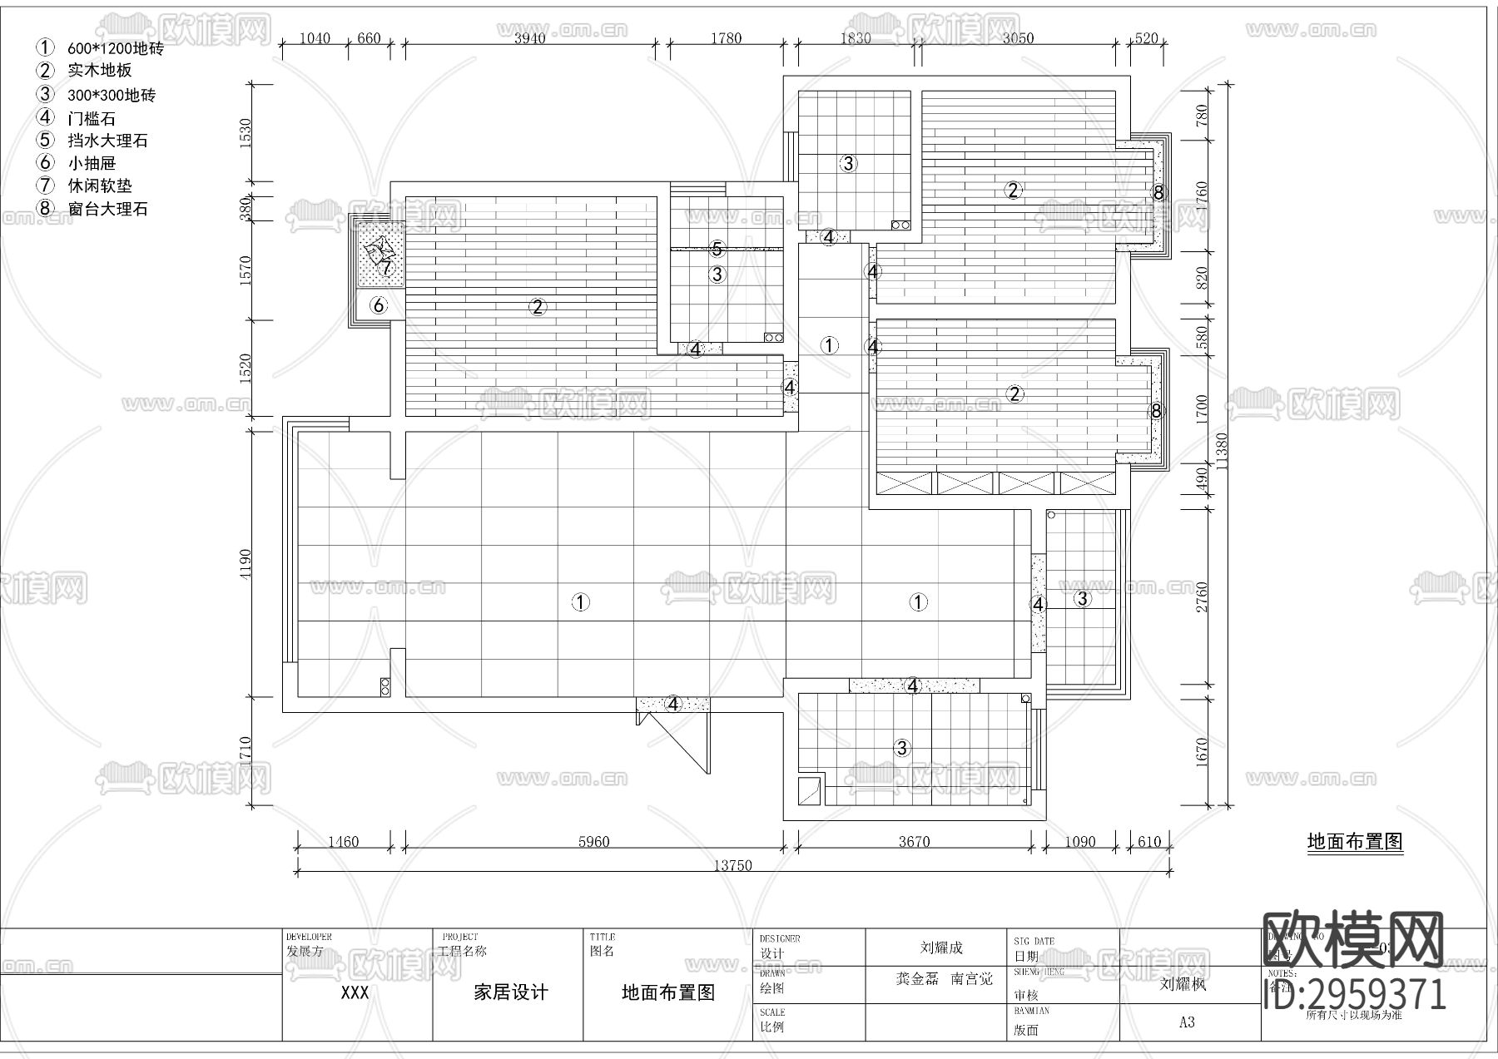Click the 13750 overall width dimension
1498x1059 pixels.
[x=732, y=865]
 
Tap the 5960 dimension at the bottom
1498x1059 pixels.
[x=593, y=841]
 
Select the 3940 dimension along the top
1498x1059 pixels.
[x=529, y=37]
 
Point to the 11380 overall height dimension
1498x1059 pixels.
[x=1221, y=450]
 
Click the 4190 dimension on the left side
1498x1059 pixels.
[x=243, y=563]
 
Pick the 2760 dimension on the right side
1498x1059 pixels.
[x=1202, y=596]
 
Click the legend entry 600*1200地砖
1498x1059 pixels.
[x=115, y=48]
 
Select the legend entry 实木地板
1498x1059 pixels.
[x=99, y=71]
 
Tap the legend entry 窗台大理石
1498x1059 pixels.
[x=107, y=209]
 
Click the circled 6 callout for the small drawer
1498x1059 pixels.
[x=379, y=305]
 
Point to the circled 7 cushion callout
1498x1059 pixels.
[x=385, y=268]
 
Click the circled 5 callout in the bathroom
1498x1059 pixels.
[x=717, y=249]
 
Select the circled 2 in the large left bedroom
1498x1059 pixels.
[x=538, y=307]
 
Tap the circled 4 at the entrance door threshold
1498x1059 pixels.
[x=673, y=705]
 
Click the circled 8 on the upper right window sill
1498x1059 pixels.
[x=1158, y=193]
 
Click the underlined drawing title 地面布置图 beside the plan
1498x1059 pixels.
[x=1354, y=842]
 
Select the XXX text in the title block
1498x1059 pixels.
[x=355, y=992]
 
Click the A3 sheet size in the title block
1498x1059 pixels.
[x=1187, y=1022]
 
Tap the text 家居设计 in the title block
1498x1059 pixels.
[x=510, y=992]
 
